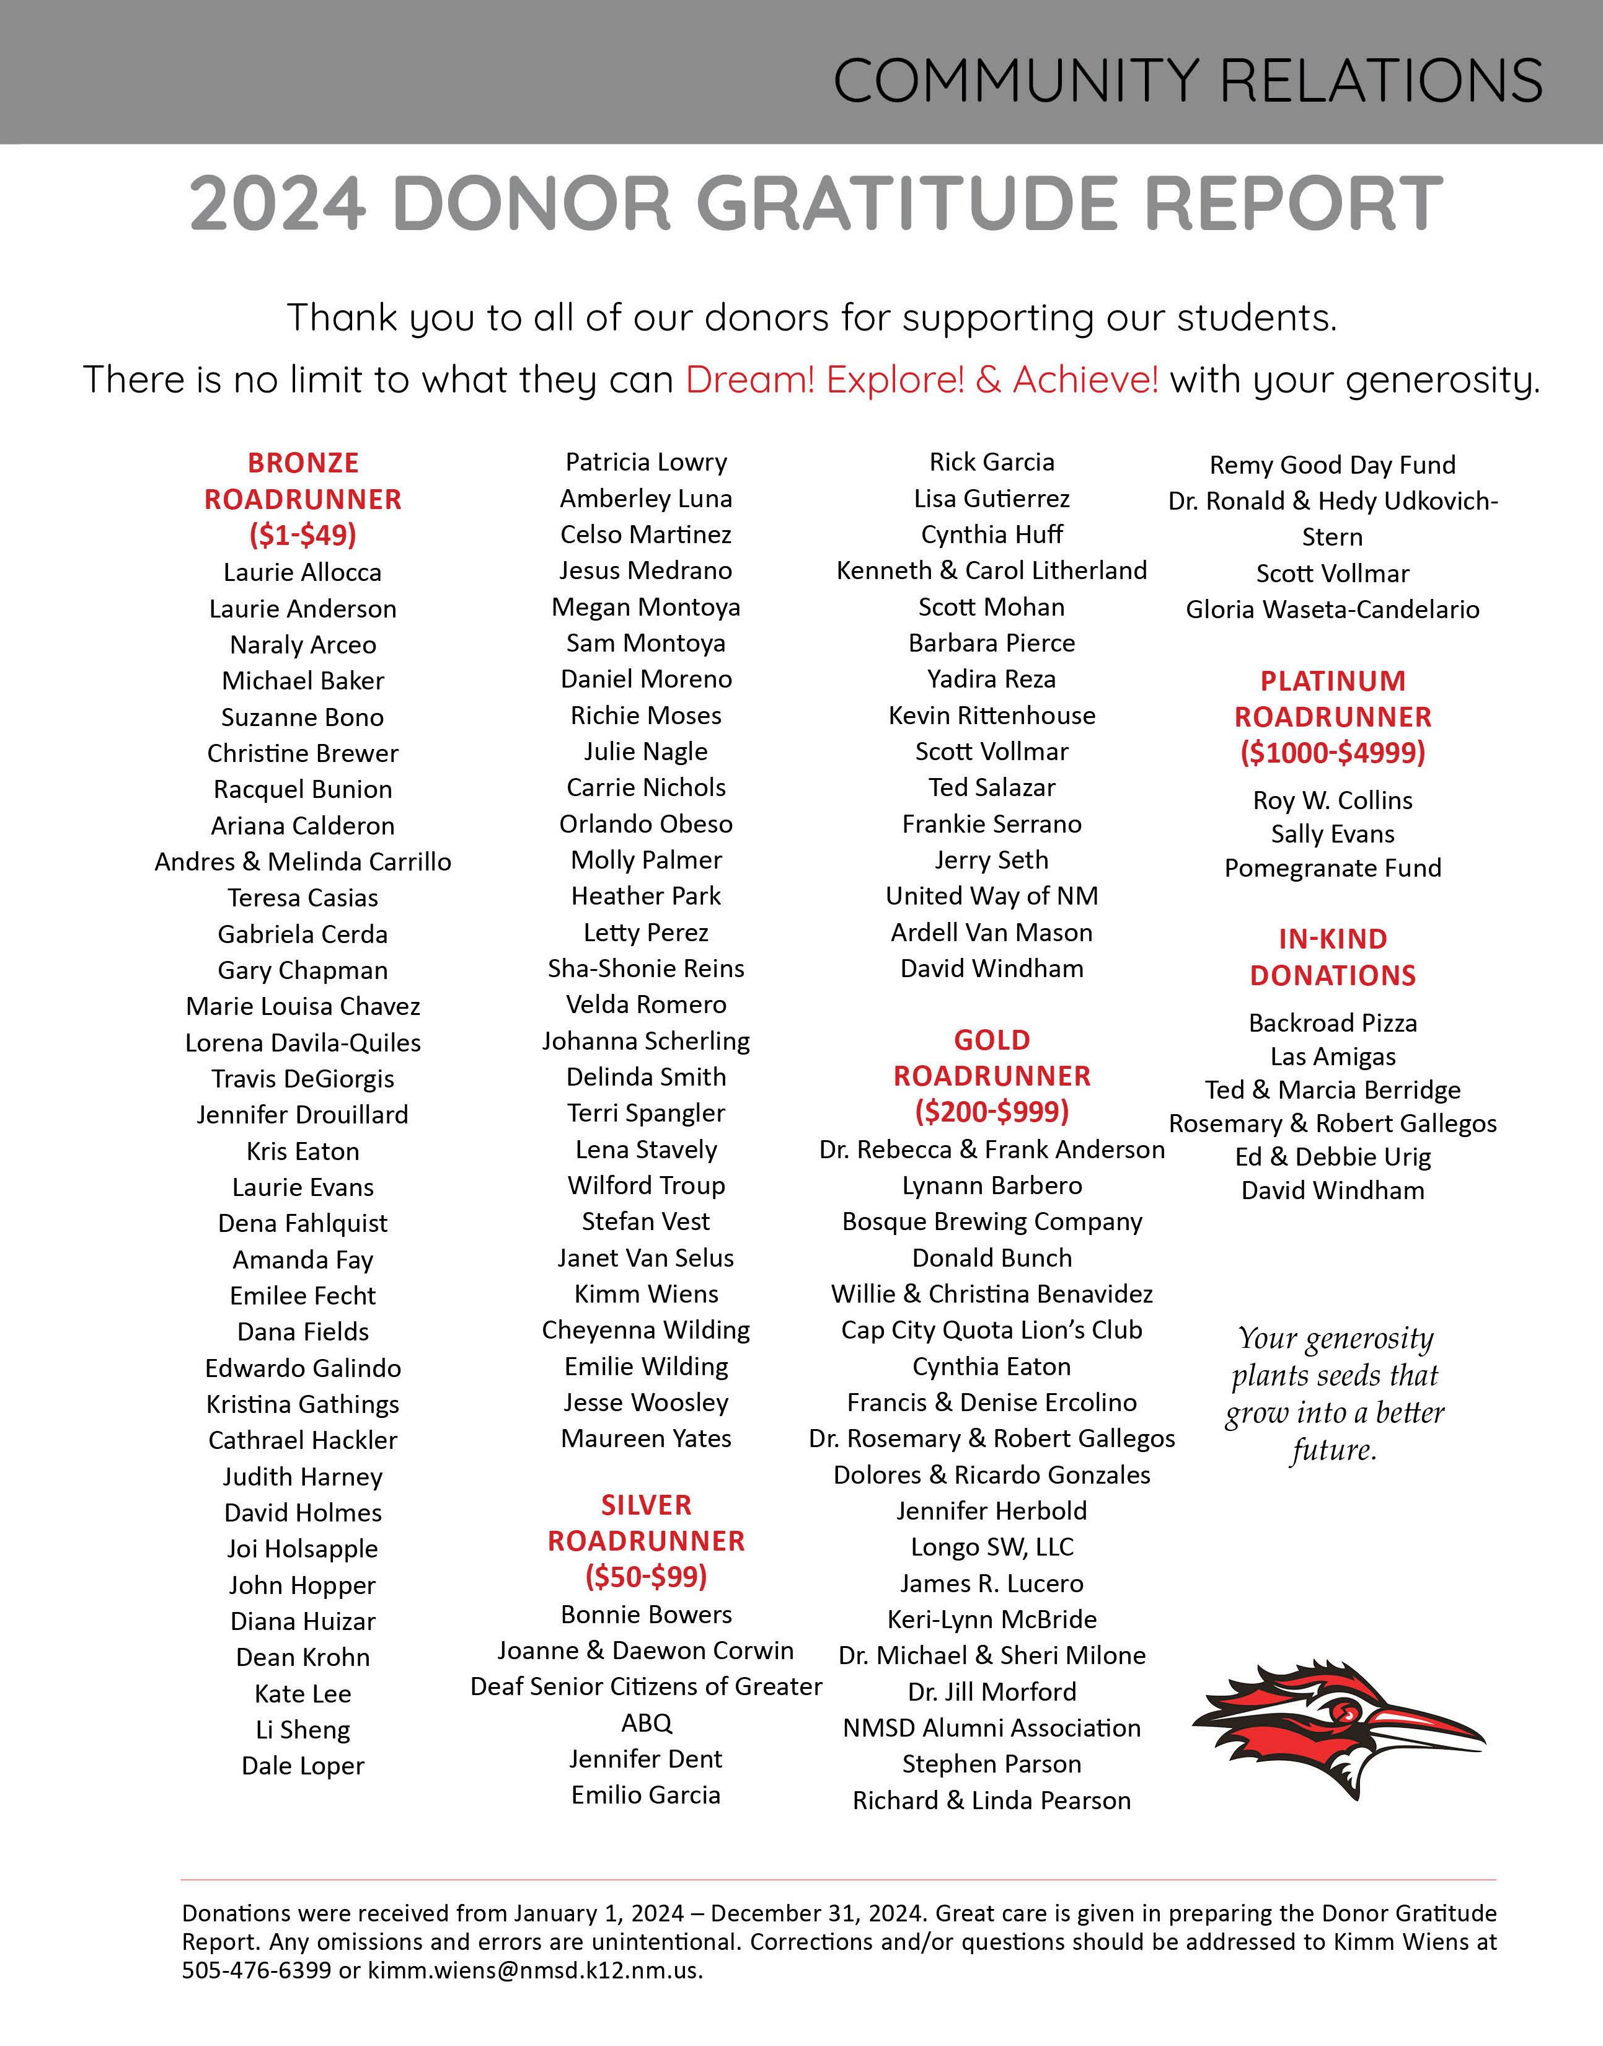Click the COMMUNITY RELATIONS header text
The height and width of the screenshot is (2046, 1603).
(1187, 80)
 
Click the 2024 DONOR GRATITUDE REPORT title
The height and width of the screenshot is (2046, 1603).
(816, 203)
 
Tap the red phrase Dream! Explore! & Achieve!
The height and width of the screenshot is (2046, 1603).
(922, 380)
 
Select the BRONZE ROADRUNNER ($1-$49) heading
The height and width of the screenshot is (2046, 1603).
(303, 498)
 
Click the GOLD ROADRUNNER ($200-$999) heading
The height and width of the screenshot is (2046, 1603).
(992, 1076)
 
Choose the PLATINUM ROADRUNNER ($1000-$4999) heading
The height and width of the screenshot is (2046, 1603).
(1333, 717)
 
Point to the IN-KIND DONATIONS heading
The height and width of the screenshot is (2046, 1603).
(1333, 957)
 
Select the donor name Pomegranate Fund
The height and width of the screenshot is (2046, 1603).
(1333, 868)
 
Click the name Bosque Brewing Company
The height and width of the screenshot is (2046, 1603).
(992, 1222)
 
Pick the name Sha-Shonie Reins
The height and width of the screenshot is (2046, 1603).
(646, 968)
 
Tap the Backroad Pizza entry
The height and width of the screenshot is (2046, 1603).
(1333, 1023)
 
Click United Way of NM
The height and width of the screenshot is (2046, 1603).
(992, 897)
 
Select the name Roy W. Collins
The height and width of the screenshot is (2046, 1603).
(1333, 800)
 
